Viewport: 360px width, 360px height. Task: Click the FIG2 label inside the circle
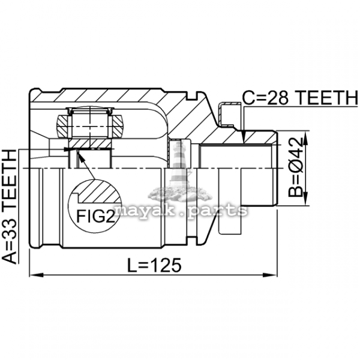click(x=95, y=216)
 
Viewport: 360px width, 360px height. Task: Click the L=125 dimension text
click(x=154, y=265)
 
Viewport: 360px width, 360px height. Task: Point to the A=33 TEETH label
click(x=9, y=206)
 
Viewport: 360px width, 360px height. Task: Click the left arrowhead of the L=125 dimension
click(x=36, y=275)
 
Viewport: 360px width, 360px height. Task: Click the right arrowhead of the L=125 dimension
click(x=270, y=275)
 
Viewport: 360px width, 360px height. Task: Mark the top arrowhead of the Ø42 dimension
click(x=305, y=138)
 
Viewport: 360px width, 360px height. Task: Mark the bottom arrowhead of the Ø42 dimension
click(x=305, y=199)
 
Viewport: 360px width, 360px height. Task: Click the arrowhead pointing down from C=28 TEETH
click(x=245, y=137)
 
